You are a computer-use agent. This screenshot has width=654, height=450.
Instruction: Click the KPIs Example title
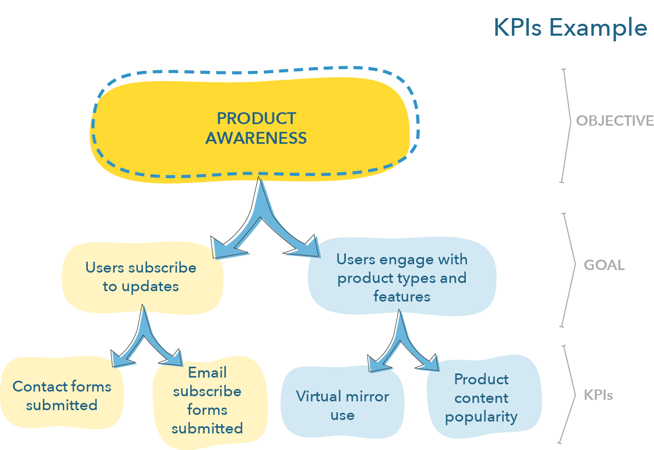(x=570, y=28)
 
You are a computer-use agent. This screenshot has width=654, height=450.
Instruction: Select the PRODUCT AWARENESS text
(x=256, y=128)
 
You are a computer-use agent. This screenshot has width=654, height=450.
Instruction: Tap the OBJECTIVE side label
(x=615, y=121)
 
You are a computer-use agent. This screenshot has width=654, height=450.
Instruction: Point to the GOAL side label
(x=604, y=265)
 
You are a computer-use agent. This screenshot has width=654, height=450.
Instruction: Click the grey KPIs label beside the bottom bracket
(x=598, y=395)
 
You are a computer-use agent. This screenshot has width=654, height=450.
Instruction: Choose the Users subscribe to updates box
(x=143, y=278)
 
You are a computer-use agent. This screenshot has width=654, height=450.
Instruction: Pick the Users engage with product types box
(x=402, y=277)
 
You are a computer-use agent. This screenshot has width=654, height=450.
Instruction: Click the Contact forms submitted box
(x=62, y=393)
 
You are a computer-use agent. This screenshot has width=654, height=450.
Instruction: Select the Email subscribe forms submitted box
(x=210, y=402)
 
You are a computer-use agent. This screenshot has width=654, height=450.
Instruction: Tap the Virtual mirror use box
(x=342, y=402)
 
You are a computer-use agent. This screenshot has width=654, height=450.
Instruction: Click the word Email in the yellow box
(x=207, y=372)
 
